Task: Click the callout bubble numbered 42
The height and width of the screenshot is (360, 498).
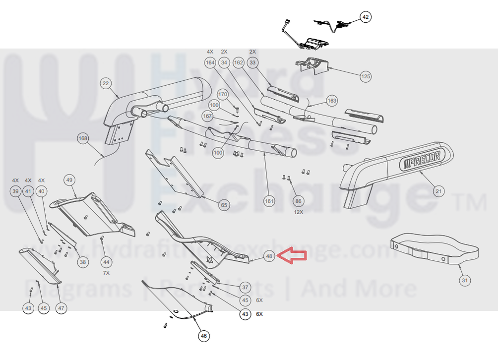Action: pos(366,17)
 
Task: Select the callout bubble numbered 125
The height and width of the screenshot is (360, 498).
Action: pos(366,76)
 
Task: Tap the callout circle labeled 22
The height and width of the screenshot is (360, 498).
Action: pos(106,83)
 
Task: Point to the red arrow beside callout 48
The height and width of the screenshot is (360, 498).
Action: pos(292,255)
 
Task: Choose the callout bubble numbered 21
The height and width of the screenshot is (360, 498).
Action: pos(438,191)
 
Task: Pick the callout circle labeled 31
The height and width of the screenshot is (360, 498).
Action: pos(464,281)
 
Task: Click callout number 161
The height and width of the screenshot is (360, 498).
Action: pos(268,201)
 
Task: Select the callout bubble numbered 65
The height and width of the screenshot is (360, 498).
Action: pos(224,204)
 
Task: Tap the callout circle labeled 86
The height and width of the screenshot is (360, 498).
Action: pos(298,201)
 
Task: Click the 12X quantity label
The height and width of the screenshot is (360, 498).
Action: pos(298,212)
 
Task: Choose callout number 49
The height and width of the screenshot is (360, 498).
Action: pos(69,180)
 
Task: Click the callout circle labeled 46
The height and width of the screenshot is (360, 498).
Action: pos(203,336)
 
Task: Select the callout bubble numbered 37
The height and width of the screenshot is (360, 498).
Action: pos(245,287)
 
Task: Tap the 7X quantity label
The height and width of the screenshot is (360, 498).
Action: pos(106,273)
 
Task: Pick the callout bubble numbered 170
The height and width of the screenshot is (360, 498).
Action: pos(223,94)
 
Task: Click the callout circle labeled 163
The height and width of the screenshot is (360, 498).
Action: pos(332,101)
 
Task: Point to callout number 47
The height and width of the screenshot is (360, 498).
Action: pos(61,308)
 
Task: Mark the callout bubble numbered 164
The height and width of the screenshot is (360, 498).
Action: pos(210,62)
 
